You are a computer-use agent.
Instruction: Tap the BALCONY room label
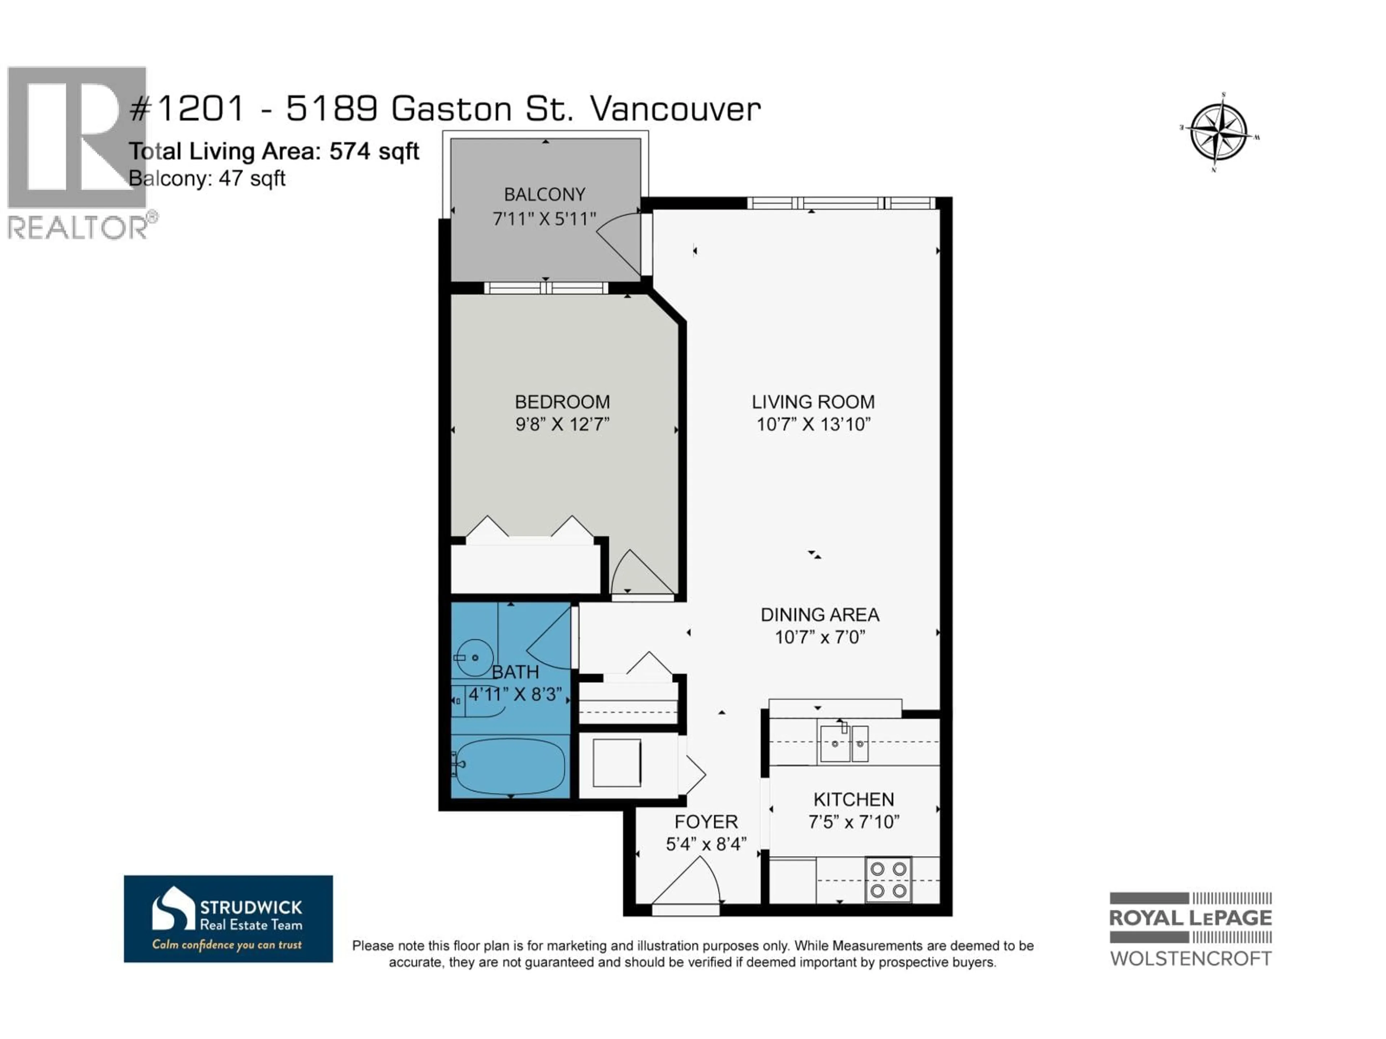545,195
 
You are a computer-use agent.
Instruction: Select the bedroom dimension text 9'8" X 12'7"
562,425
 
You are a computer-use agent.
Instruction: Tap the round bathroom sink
474,658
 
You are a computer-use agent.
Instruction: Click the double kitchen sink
844,744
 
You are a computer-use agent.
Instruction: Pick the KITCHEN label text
853,800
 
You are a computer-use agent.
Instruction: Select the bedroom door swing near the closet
639,573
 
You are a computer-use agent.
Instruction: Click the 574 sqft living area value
374,152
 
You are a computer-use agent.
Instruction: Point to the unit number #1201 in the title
186,109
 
